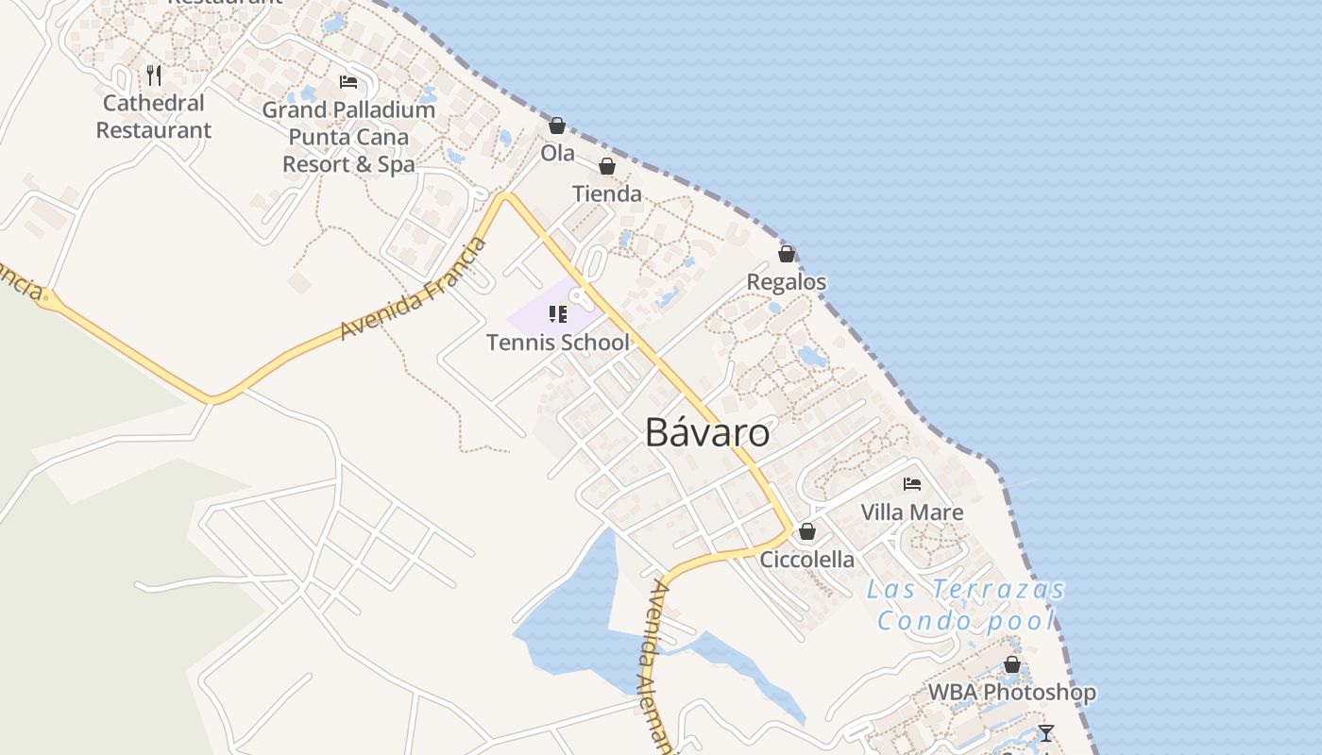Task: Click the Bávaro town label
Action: click(x=707, y=433)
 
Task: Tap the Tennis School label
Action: click(x=557, y=343)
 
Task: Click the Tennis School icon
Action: click(x=557, y=313)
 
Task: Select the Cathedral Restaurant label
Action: click(x=154, y=117)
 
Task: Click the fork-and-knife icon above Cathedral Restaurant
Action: click(x=154, y=75)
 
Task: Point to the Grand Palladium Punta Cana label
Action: click(x=348, y=137)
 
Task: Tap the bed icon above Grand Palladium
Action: click(x=348, y=82)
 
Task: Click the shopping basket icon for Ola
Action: click(x=557, y=126)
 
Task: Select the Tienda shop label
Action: click(x=607, y=194)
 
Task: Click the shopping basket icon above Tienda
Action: click(x=607, y=167)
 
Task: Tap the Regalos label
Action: click(x=787, y=282)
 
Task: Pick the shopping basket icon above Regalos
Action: click(x=787, y=254)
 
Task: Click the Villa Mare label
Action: click(x=912, y=512)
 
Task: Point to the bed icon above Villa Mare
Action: click(x=912, y=484)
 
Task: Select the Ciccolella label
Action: click(x=807, y=560)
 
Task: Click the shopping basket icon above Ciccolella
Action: click(x=807, y=531)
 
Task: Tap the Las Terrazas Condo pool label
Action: click(x=966, y=605)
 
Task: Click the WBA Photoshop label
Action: click(x=1012, y=693)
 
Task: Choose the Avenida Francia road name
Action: click(x=415, y=290)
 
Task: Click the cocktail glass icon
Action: click(x=1045, y=733)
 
